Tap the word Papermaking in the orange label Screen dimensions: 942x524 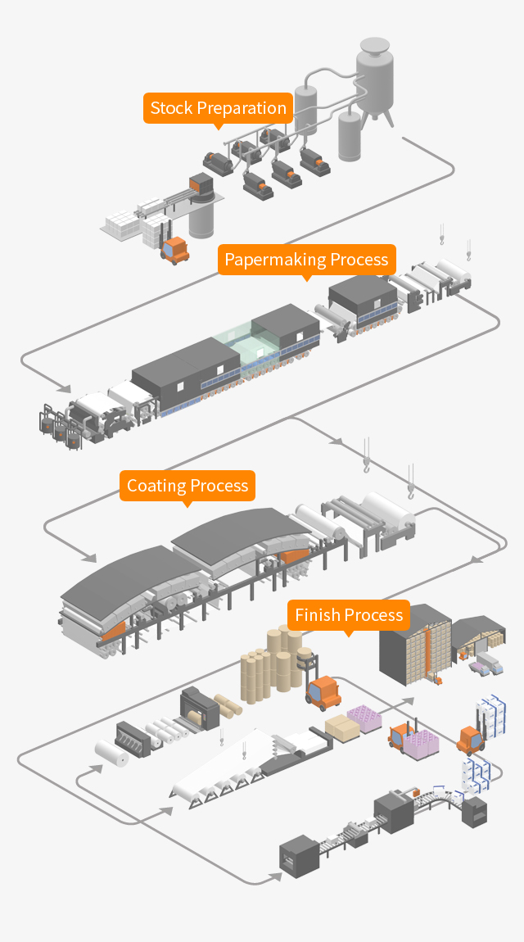point(265,260)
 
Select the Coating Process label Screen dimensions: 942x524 point(187,486)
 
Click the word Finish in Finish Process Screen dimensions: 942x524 point(318,615)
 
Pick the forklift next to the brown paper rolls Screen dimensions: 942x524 point(323,691)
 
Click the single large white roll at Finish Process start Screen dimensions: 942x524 point(111,751)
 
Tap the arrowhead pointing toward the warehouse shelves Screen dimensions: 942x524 point(409,701)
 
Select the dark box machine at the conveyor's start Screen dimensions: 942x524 point(298,856)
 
